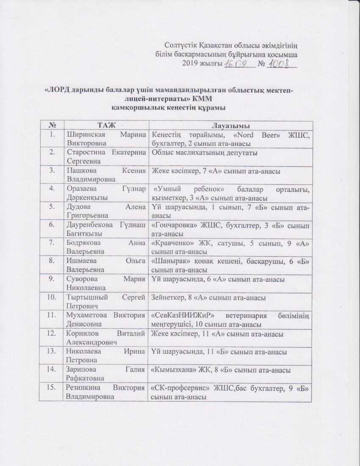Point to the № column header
(x=53, y=125)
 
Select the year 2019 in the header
(x=189, y=64)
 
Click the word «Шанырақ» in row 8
(x=167, y=262)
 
